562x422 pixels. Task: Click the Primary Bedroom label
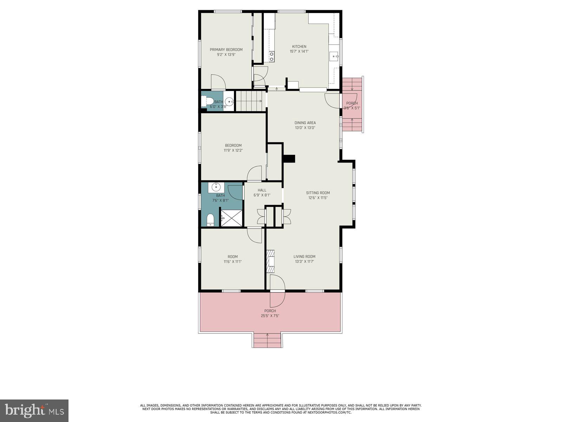tap(226, 50)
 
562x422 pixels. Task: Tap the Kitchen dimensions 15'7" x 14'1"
tap(299, 51)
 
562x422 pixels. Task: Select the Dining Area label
tap(305, 123)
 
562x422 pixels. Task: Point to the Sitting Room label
tap(318, 193)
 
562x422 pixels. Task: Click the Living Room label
tap(305, 257)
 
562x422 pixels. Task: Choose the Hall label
tap(262, 190)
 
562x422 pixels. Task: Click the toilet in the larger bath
tap(210, 220)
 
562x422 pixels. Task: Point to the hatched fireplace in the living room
tap(270, 261)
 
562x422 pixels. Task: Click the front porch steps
tap(267, 340)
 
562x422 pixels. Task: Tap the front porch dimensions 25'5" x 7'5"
tap(270, 316)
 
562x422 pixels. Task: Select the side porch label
tap(352, 103)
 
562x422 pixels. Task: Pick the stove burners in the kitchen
tap(272, 57)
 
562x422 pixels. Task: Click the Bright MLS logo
tap(34, 410)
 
